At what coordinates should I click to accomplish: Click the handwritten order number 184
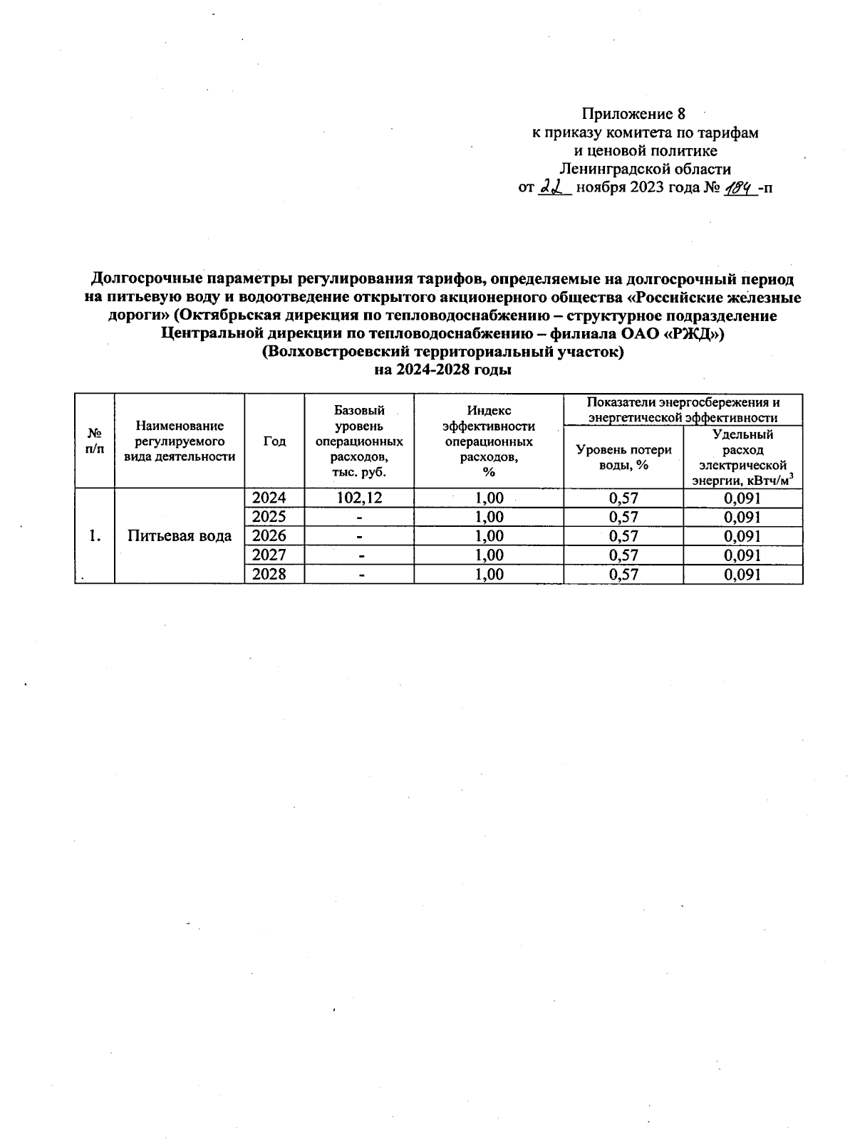click(739, 187)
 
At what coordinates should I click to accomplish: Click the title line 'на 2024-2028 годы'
click(443, 370)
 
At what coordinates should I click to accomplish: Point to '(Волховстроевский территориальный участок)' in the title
click(443, 352)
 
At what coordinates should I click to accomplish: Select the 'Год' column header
click(274, 441)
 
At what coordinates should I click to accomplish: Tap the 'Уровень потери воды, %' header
click(623, 457)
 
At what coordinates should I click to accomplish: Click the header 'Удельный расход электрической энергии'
click(742, 457)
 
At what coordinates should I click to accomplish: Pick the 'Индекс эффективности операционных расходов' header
click(489, 441)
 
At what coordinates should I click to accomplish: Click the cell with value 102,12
click(359, 498)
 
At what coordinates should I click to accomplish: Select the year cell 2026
click(269, 535)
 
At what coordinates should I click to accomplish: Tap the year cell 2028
click(269, 574)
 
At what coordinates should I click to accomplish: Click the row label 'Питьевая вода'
click(180, 536)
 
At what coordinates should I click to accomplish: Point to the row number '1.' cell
click(94, 536)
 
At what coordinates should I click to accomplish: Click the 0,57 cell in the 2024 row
click(623, 498)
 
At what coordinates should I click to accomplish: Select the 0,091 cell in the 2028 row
click(742, 574)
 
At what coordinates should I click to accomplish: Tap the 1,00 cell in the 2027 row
click(489, 555)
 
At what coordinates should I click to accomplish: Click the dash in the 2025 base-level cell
click(361, 517)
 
